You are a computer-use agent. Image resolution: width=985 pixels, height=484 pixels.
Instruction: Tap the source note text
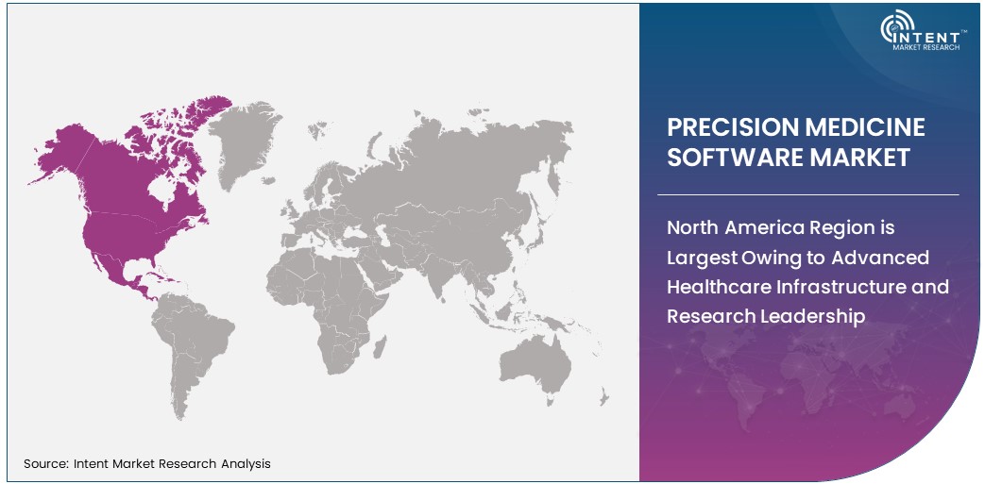tap(147, 463)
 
